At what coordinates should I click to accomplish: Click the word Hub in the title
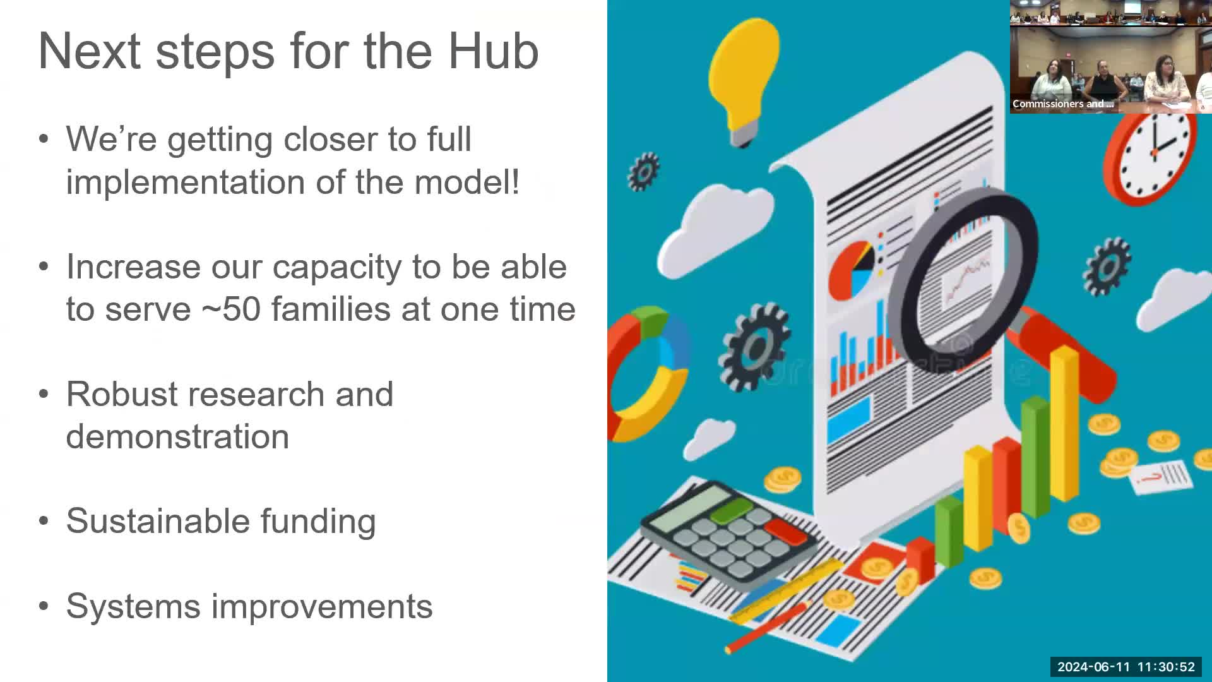[493, 51]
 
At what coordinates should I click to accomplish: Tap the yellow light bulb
[744, 73]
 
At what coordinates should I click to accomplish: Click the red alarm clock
[1151, 155]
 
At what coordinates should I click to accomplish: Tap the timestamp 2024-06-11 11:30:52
[1126, 667]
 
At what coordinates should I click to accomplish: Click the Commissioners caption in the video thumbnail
[1062, 104]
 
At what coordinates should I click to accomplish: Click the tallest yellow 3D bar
[1064, 423]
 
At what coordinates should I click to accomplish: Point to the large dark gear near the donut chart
[754, 347]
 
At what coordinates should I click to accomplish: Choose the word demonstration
[177, 437]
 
